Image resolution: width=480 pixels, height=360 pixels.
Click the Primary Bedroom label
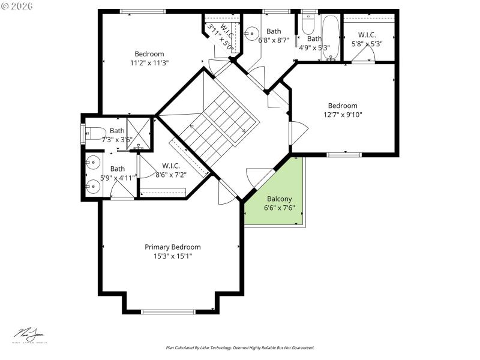point(173,247)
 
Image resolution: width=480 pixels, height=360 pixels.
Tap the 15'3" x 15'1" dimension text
point(173,256)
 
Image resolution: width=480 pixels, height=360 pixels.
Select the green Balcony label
point(280,199)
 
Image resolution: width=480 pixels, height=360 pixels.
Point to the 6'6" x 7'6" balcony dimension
point(280,208)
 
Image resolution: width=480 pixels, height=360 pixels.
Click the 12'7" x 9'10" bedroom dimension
point(343,115)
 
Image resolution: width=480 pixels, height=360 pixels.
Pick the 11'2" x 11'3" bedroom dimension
point(149,62)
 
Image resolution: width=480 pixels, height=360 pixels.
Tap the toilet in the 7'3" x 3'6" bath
point(96,133)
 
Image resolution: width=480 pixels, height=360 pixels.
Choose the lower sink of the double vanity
point(92,185)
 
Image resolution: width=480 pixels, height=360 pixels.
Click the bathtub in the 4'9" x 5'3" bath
point(331,38)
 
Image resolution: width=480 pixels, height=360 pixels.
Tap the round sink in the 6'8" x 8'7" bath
point(253,32)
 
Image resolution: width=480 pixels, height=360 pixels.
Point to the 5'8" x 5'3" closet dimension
point(367,43)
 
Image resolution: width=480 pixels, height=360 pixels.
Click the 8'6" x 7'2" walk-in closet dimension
point(172,175)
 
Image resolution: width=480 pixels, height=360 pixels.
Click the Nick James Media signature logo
point(31,335)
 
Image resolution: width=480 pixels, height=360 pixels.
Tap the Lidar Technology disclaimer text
point(240,347)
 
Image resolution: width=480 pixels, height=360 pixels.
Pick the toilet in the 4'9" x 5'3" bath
point(308,24)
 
